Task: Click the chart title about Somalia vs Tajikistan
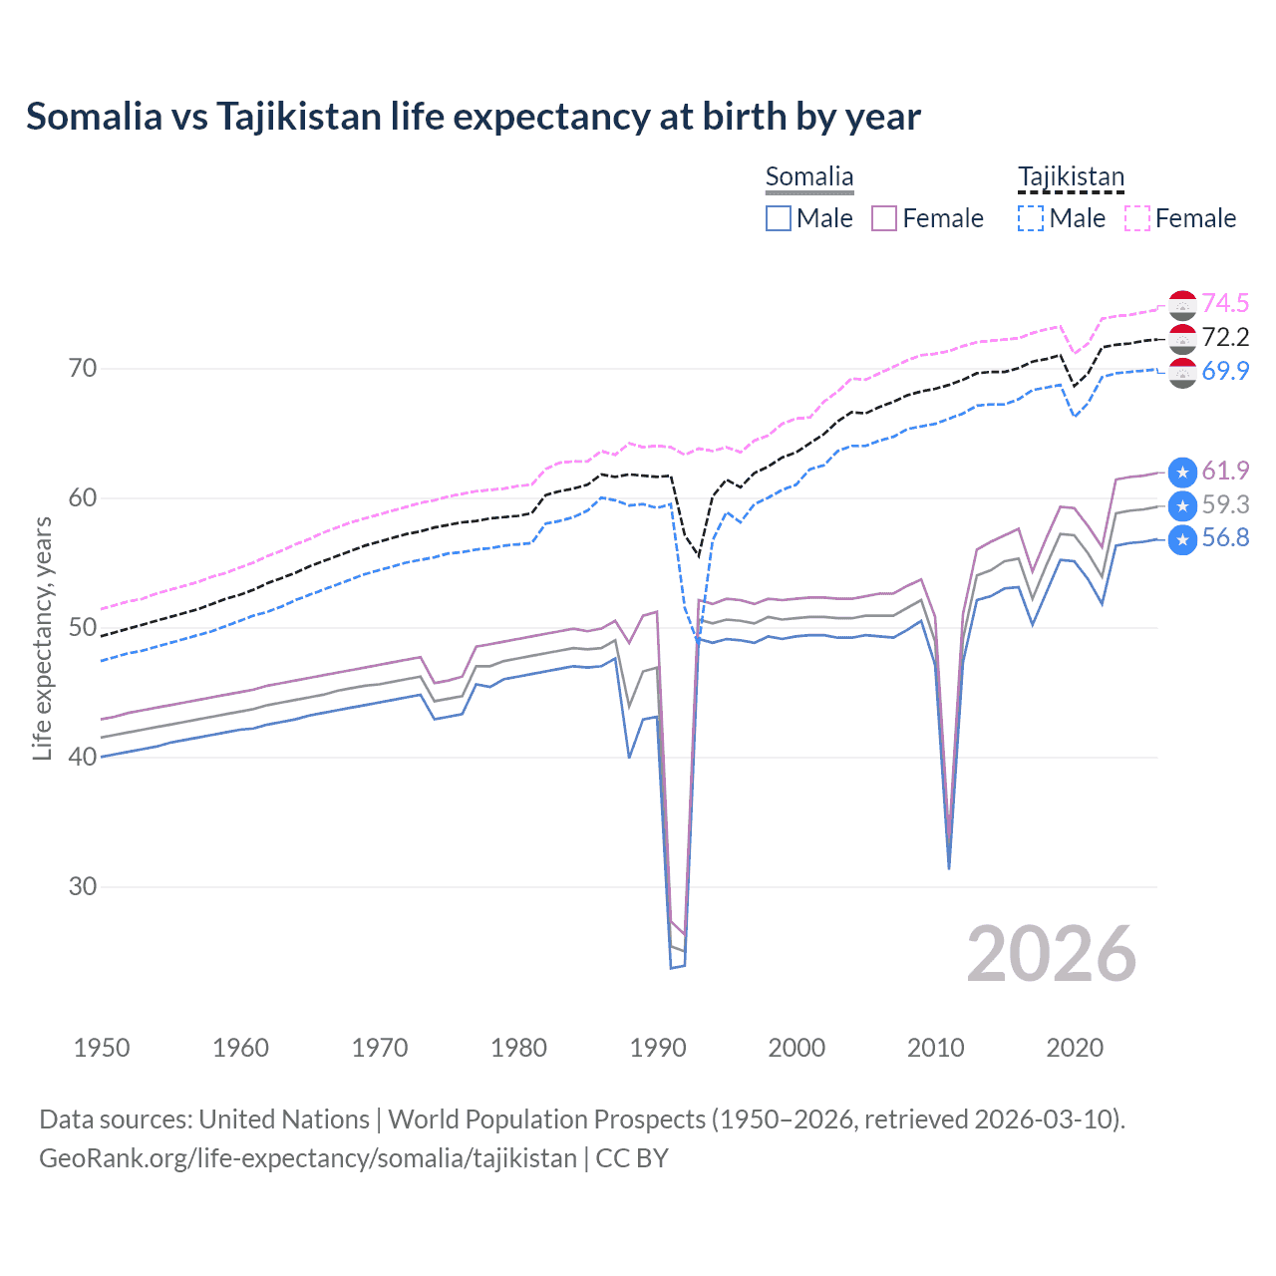pos(473,117)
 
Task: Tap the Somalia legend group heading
pos(808,177)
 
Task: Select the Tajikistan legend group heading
pos(1071,177)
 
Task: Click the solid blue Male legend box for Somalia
pos(779,218)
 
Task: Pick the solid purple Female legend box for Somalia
pos(884,218)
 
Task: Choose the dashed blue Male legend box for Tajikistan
pos(1031,218)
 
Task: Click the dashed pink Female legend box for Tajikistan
pos(1137,218)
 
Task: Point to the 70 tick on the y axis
pos(83,369)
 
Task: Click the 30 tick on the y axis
pos(83,886)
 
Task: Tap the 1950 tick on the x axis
pos(102,1048)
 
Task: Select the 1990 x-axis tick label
pos(658,1048)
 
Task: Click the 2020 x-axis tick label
pos(1075,1048)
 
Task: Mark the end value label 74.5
pos(1225,303)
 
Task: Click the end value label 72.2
pos(1225,337)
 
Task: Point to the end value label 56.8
pos(1225,538)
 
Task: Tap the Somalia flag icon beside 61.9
pos(1182,472)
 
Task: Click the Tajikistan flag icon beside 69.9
pos(1182,373)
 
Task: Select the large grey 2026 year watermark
pos(1051,954)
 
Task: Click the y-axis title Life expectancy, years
pos(42,638)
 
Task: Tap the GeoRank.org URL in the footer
pos(308,1158)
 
